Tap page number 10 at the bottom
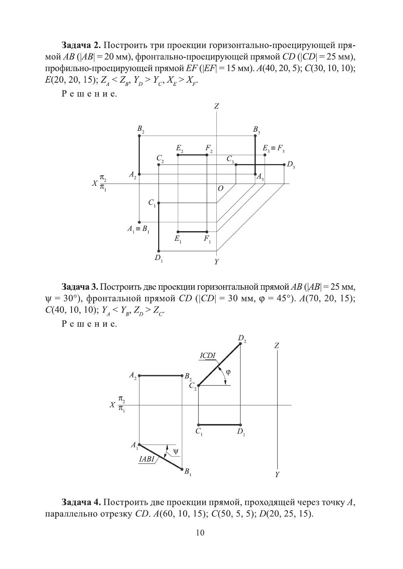pyautogui.click(x=200, y=532)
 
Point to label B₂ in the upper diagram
pyautogui.click(x=140, y=129)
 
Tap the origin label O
pyautogui.click(x=220, y=189)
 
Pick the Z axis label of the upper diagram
pyautogui.click(x=216, y=106)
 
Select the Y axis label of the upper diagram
pyautogui.click(x=216, y=262)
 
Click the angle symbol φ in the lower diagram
pyautogui.click(x=228, y=372)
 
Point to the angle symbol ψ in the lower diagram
pyautogui.click(x=175, y=451)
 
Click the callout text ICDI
pyautogui.click(x=207, y=356)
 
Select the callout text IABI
pyautogui.click(x=147, y=459)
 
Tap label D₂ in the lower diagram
pyautogui.click(x=242, y=339)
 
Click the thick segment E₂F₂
pyautogui.click(x=192, y=155)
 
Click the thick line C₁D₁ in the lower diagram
pyautogui.click(x=219, y=425)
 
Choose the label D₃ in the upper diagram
pyautogui.click(x=291, y=165)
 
